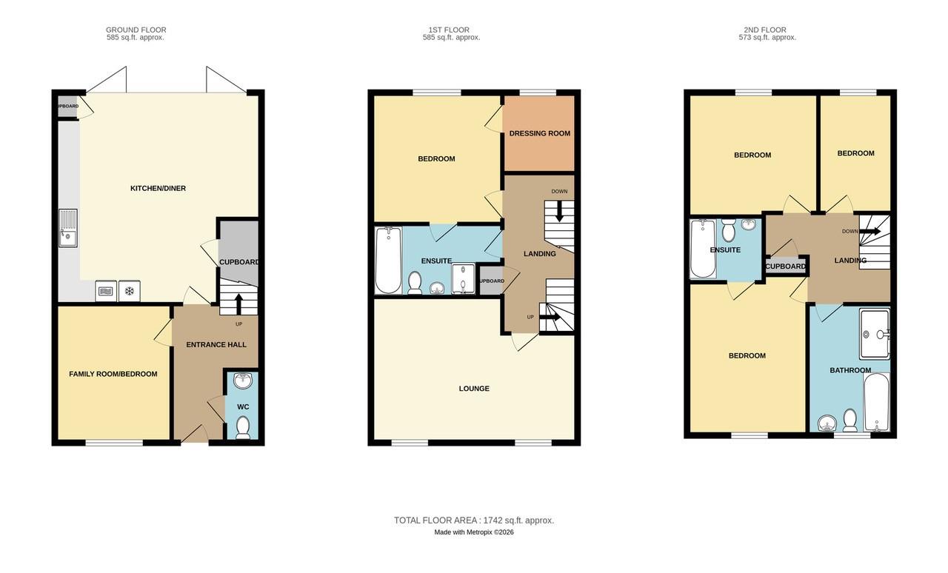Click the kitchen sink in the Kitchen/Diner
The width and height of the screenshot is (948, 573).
coord(67,228)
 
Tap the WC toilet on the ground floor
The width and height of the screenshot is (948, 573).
coord(243,427)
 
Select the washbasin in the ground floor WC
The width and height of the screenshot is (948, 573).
coord(242,381)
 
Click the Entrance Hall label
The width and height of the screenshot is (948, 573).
coord(216,345)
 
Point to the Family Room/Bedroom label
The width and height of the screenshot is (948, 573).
coord(113,375)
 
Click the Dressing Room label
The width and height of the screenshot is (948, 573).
coord(539,134)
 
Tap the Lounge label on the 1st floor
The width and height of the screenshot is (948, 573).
coord(474,389)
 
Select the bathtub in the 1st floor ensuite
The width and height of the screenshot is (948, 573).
coord(387,260)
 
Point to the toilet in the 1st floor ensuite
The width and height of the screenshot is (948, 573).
coord(415,282)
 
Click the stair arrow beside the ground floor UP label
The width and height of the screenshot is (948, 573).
coord(238,304)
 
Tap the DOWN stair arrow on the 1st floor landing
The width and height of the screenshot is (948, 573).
coord(559,212)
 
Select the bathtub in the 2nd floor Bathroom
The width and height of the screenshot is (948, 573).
coord(877,402)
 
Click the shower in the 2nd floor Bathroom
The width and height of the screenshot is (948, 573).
coord(874,333)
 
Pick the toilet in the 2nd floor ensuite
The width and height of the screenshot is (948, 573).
coord(727,232)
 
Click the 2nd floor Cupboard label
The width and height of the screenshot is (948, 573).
coord(785,267)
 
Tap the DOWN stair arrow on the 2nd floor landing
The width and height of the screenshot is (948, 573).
coord(870,232)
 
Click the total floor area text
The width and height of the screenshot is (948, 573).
coord(474,520)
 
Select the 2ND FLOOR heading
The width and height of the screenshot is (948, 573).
coord(765,30)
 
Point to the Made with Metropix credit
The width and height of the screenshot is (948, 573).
coord(474,532)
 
